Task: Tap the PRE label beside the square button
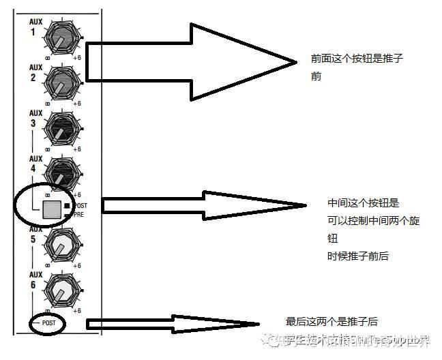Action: (x=78, y=213)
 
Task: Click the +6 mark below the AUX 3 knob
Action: (x=77, y=149)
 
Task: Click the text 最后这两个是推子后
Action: (x=331, y=321)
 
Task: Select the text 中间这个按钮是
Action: (x=363, y=203)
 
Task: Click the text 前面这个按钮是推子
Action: (x=356, y=59)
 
